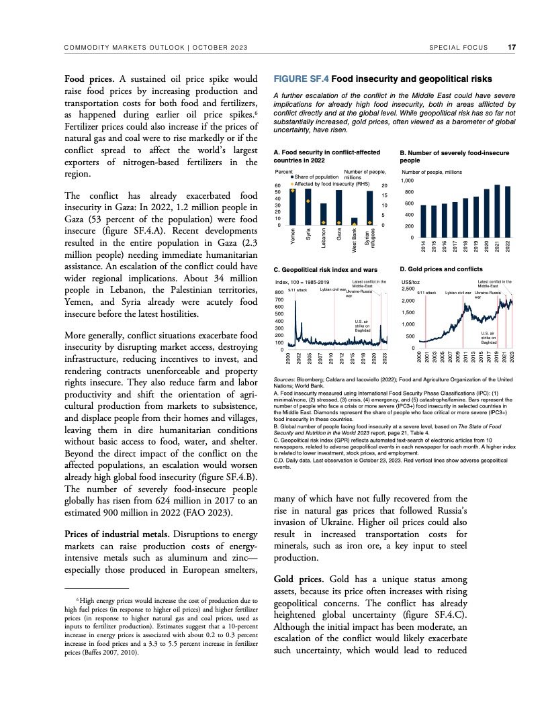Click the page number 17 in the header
pos(512,47)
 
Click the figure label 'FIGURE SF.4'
pos(300,79)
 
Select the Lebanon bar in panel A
pos(324,214)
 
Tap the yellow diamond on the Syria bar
pos(308,201)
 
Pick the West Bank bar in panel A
pos(355,222)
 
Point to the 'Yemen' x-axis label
pos(293,236)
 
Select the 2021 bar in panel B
pos(497,211)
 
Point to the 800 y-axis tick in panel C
pos(279,293)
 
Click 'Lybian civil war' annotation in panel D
pos(458,293)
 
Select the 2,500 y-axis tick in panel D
pos(408,289)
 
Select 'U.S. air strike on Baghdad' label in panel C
pos(363,326)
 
